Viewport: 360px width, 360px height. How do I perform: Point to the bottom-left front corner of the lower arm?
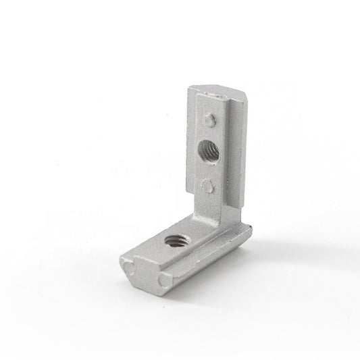point(121,260)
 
